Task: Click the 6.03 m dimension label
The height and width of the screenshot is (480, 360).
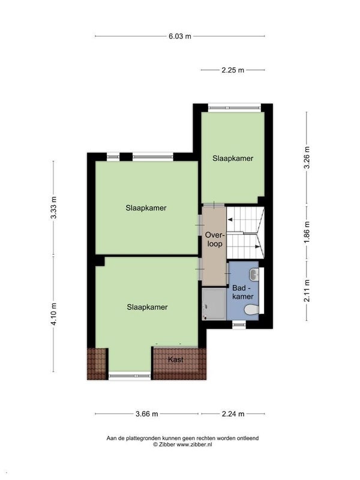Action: (x=179, y=36)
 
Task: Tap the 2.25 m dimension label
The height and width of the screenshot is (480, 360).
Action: (x=233, y=70)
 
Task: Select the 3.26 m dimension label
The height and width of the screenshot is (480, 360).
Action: (x=307, y=157)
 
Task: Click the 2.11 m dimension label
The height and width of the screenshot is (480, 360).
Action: (x=307, y=290)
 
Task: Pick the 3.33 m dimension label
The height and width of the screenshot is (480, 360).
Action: (x=54, y=207)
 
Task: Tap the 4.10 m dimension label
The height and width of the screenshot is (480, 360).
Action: (x=54, y=313)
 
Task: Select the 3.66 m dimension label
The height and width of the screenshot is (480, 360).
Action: (x=147, y=414)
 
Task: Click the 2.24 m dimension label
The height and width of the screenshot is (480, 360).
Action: (x=233, y=414)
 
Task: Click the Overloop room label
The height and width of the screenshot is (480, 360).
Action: (x=215, y=239)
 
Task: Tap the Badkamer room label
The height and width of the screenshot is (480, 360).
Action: (x=243, y=292)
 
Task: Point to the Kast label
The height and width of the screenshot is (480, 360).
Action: (x=176, y=359)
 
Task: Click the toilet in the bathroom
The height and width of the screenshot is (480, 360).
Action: (x=252, y=310)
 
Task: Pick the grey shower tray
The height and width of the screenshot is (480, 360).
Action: (x=214, y=304)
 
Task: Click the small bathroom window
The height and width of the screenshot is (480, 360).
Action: (x=239, y=324)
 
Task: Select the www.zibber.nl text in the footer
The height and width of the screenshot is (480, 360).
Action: (x=194, y=445)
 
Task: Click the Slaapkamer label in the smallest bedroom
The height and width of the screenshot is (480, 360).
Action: (x=233, y=158)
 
